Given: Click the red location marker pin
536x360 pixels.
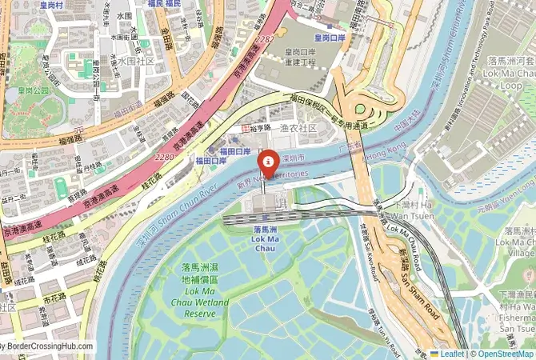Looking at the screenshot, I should pyautogui.click(x=267, y=162).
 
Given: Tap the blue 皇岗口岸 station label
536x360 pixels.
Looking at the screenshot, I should pyautogui.click(x=329, y=38).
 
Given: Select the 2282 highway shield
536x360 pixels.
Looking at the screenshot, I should pyautogui.click(x=265, y=38).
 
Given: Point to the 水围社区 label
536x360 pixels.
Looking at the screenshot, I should pyautogui.click(x=134, y=61).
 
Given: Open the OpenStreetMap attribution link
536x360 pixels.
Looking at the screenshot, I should pyautogui.click(x=504, y=353).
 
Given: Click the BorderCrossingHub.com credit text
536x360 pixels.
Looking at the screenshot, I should pyautogui.click(x=46, y=347).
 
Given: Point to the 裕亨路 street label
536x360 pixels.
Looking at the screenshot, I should pyautogui.click(x=261, y=128).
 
